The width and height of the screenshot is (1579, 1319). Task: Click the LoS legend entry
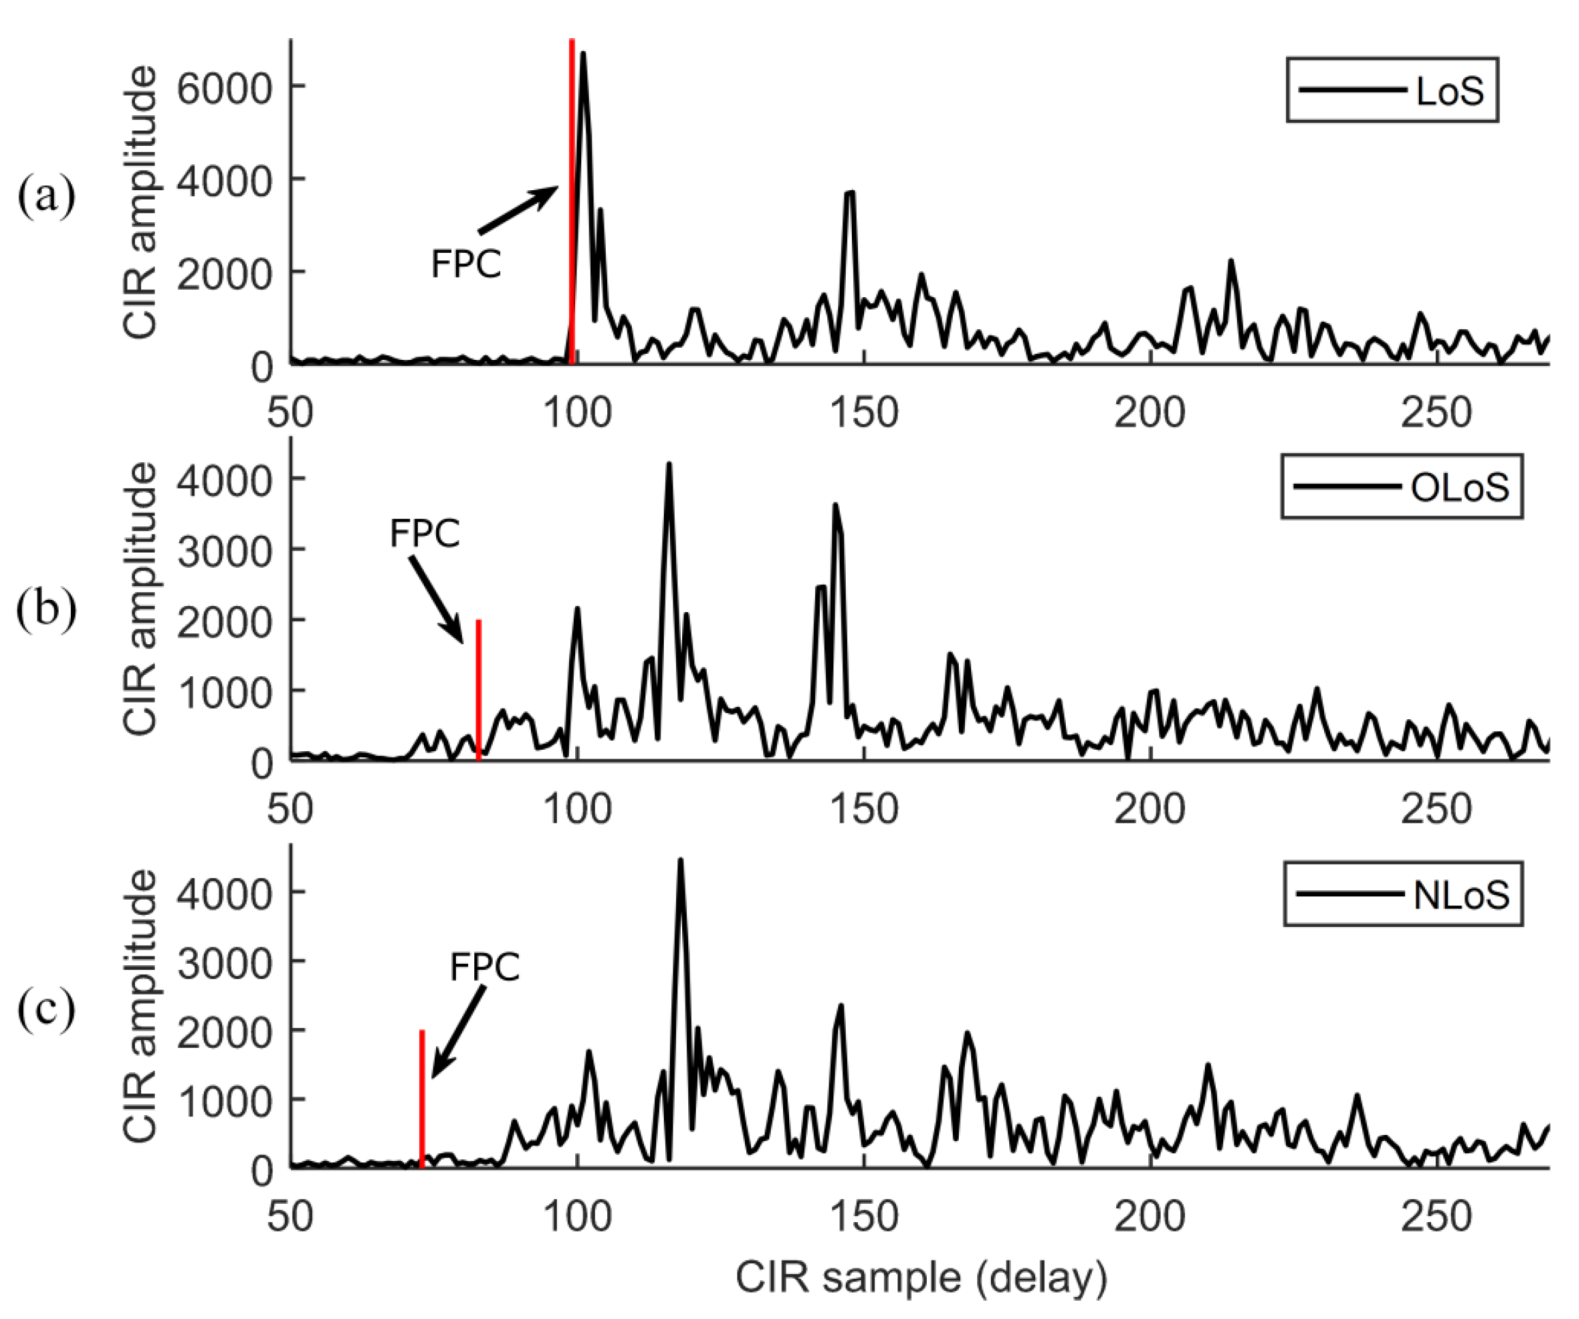(1392, 90)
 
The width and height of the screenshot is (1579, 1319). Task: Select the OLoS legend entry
(1402, 487)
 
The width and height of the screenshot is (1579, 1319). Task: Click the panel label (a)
(46, 196)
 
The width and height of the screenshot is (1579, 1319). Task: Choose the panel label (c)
(46, 1008)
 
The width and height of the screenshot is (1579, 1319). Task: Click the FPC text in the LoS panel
(465, 264)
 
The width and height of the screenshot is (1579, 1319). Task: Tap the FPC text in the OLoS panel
(424, 533)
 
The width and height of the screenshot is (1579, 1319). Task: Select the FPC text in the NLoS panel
(485, 967)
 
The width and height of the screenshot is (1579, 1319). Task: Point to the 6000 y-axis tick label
(224, 89)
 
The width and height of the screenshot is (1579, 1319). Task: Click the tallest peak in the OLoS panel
(669, 466)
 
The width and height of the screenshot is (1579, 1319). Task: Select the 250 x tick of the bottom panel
(1435, 1216)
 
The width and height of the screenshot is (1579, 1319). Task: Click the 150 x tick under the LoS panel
(864, 412)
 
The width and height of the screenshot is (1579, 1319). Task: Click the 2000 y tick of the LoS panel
(224, 275)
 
